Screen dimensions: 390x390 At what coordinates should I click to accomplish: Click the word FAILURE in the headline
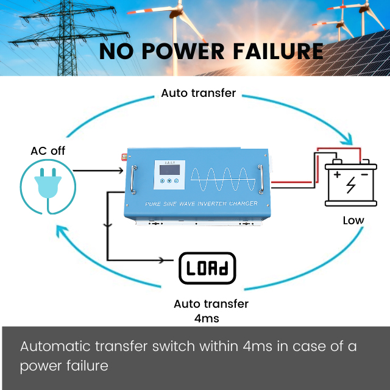(x=278, y=51)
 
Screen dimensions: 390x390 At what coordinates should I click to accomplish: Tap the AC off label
(x=48, y=151)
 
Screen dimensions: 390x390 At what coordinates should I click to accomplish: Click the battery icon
(x=351, y=183)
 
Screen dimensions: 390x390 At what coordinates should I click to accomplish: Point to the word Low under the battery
(x=353, y=221)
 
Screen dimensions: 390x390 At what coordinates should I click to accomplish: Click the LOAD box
(x=207, y=268)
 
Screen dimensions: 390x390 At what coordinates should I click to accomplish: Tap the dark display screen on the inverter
(x=169, y=169)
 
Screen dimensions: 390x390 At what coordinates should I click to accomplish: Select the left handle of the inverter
(x=133, y=179)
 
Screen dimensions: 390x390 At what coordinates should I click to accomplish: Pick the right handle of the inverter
(x=261, y=179)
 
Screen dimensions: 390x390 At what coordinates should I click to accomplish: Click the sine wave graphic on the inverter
(x=223, y=179)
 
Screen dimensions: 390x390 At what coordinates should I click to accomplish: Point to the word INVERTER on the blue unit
(x=212, y=204)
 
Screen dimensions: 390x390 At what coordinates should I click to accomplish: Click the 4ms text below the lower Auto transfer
(x=207, y=318)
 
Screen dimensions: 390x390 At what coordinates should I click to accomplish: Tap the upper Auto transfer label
(x=199, y=93)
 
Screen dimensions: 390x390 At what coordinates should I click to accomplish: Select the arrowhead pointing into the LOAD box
(x=162, y=260)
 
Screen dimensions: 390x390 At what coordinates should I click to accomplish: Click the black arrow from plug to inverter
(x=98, y=171)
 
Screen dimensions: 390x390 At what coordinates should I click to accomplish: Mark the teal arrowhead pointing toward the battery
(x=347, y=140)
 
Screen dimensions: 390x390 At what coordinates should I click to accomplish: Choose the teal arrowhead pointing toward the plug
(x=61, y=231)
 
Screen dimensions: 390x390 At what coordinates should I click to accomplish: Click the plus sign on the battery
(x=337, y=175)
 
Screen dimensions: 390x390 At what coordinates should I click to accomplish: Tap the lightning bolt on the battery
(x=351, y=185)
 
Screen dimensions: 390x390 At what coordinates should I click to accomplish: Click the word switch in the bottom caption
(x=173, y=346)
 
